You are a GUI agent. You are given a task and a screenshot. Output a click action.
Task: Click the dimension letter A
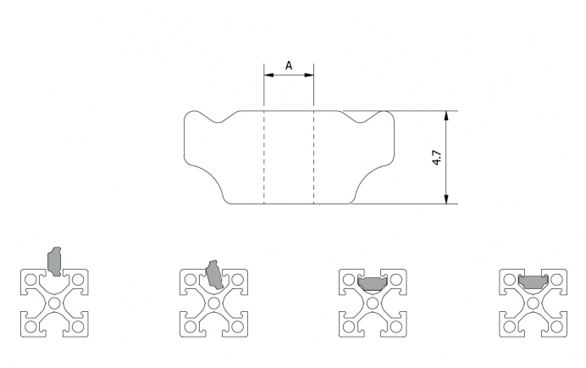[x=289, y=66]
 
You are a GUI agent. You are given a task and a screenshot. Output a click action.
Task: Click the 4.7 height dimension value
[x=436, y=158]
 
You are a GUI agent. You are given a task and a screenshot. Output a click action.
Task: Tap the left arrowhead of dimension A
[x=268, y=75]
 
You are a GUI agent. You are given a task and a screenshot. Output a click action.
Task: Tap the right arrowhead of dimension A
[x=309, y=75]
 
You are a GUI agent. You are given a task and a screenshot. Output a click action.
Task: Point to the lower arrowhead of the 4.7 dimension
[x=446, y=199]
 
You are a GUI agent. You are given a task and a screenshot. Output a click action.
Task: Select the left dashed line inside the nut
[x=264, y=157]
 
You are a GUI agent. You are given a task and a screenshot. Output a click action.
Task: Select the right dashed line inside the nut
[x=313, y=157]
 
